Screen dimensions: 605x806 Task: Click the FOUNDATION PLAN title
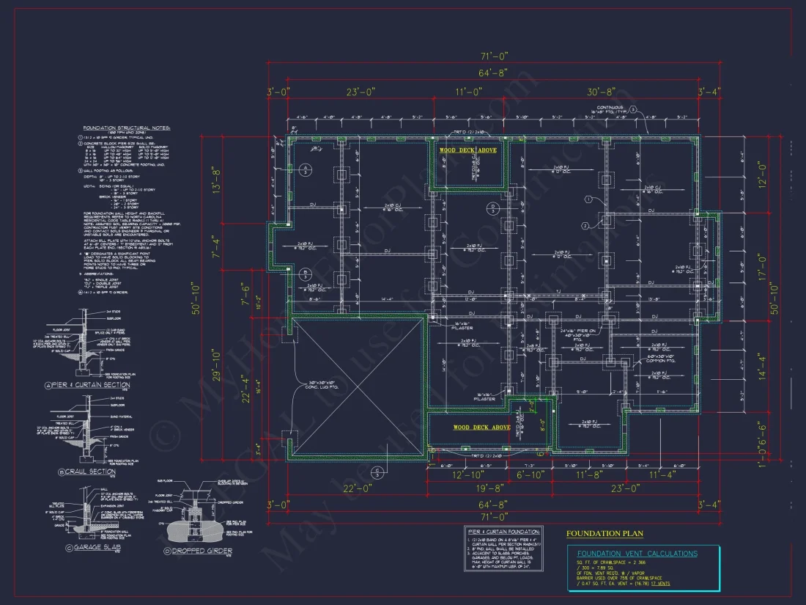click(x=604, y=535)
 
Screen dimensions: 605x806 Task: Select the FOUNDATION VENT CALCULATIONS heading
click(x=637, y=554)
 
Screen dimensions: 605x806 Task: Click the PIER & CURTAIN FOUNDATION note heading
click(x=503, y=531)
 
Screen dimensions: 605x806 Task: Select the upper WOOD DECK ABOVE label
click(x=467, y=150)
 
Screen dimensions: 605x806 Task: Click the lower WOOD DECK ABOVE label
click(x=481, y=428)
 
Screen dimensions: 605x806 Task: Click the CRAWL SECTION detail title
click(x=90, y=472)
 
